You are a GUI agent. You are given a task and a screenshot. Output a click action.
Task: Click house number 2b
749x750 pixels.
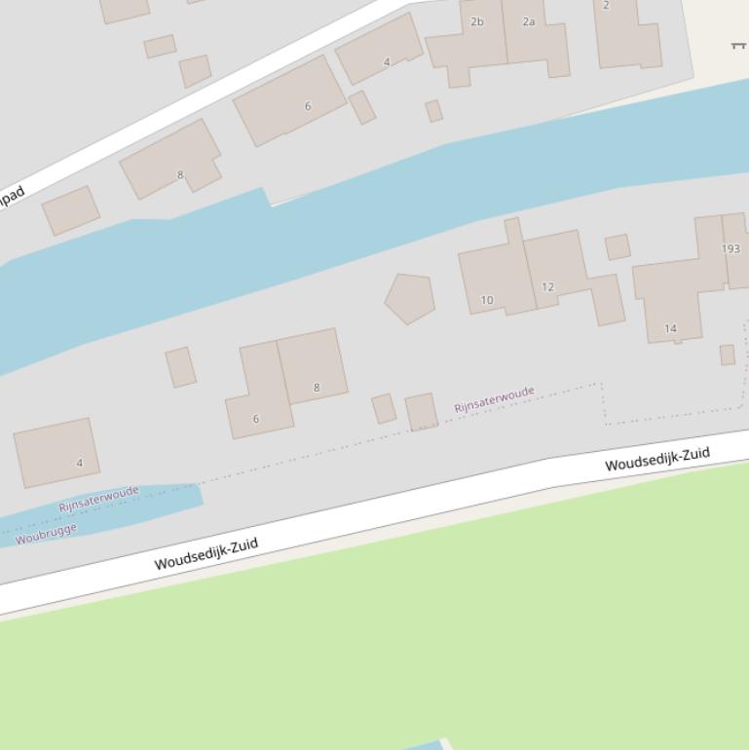click(x=476, y=21)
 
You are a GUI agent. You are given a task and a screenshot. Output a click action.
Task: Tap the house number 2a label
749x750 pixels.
click(x=529, y=21)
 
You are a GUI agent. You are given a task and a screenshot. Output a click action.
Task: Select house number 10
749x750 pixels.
click(x=487, y=301)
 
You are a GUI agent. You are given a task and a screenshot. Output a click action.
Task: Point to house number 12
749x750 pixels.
click(x=547, y=287)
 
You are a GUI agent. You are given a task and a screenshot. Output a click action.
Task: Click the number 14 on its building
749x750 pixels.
click(x=670, y=329)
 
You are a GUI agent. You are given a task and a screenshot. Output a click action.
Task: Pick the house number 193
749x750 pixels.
click(x=730, y=249)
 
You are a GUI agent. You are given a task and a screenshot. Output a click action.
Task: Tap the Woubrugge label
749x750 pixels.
click(x=46, y=534)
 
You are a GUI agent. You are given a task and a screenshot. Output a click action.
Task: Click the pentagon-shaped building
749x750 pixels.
click(x=410, y=298)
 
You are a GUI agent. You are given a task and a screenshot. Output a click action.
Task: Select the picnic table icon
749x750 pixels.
click(x=738, y=45)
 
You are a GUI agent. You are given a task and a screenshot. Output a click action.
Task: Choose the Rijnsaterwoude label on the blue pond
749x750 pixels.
click(x=98, y=500)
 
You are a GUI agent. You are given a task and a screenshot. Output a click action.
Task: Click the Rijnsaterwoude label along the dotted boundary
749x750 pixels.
click(x=494, y=399)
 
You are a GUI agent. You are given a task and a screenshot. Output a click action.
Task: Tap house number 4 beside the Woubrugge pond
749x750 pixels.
click(x=80, y=464)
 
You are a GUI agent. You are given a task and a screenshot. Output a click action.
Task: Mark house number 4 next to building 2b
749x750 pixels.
click(x=387, y=62)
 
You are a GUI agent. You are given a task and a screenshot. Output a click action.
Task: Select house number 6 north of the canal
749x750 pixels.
click(x=308, y=106)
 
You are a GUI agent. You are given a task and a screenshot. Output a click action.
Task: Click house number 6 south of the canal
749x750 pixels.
click(x=256, y=420)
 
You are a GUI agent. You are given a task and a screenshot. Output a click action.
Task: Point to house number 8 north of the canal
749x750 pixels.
click(x=180, y=175)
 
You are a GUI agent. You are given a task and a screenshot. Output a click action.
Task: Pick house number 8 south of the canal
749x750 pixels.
click(x=316, y=388)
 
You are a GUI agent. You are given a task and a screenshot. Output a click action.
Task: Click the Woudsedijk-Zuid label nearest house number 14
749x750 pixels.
click(x=657, y=458)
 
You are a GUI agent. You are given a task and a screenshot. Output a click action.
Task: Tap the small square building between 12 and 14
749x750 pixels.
click(x=618, y=246)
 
